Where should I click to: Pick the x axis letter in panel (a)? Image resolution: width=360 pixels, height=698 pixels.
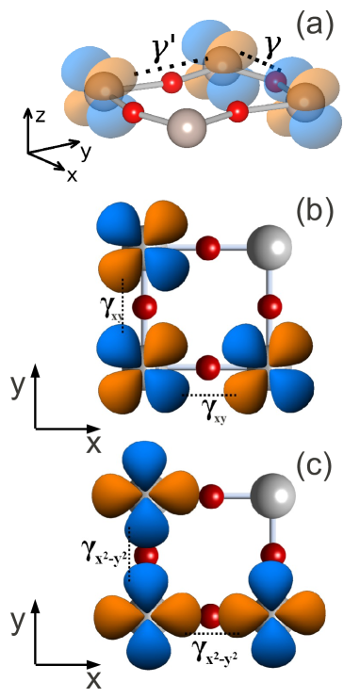pyautogui.click(x=72, y=175)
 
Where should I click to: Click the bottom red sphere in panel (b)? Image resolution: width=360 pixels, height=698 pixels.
pyautogui.click(x=207, y=364)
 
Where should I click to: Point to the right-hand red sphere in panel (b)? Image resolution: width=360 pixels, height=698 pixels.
pyautogui.click(x=270, y=307)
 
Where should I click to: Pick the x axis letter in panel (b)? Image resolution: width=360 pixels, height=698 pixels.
pyautogui.click(x=94, y=443)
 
